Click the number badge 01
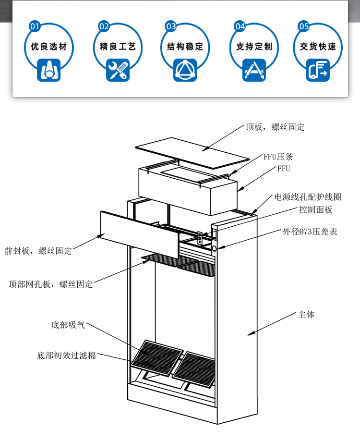tap(35, 26)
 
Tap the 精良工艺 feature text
tap(118, 47)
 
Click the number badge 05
tap(304, 26)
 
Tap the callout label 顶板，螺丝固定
tap(275, 127)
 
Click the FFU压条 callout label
tap(278, 157)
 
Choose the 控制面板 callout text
tap(315, 210)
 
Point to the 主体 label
tap(306, 315)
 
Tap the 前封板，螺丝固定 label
tap(38, 251)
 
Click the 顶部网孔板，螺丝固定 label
tap(50, 284)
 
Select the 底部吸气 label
tap(68, 325)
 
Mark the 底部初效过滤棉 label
tap(66, 356)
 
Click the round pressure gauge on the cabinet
tap(214, 248)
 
